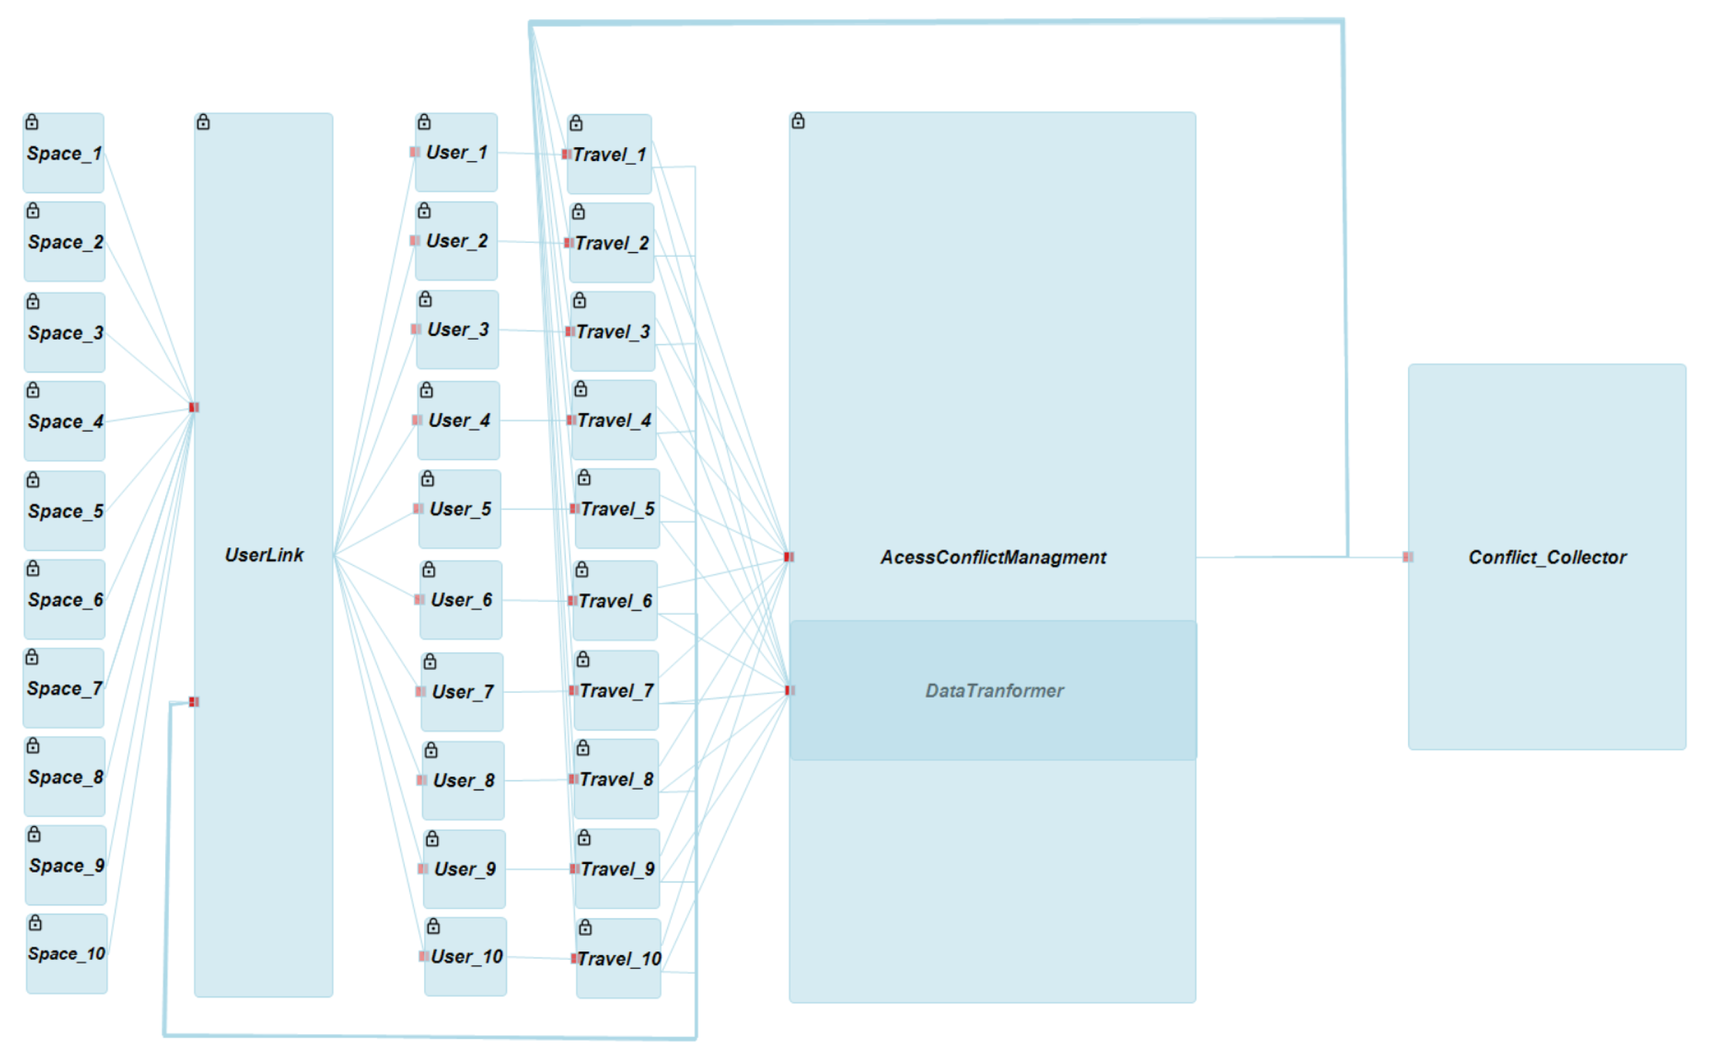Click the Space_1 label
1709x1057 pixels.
coord(65,153)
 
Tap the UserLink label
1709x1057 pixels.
coord(264,555)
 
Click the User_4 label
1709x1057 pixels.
coord(458,420)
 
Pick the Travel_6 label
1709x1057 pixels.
coord(615,601)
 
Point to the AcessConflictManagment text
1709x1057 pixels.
coord(993,557)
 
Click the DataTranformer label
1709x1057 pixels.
coord(994,690)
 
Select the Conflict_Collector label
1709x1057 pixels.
coord(1547,557)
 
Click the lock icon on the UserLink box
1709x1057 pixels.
coord(203,122)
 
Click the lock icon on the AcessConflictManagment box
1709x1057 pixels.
coord(798,121)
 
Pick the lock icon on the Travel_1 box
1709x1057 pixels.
coord(575,124)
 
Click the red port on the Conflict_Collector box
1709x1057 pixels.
coord(1407,557)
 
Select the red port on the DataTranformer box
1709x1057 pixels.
coord(790,690)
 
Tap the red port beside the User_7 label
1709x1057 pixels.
coord(420,692)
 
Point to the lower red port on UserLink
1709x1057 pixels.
coord(194,702)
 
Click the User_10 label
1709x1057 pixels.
coord(466,956)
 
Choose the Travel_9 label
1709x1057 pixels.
coord(618,869)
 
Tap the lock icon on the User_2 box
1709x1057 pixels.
coord(423,211)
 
